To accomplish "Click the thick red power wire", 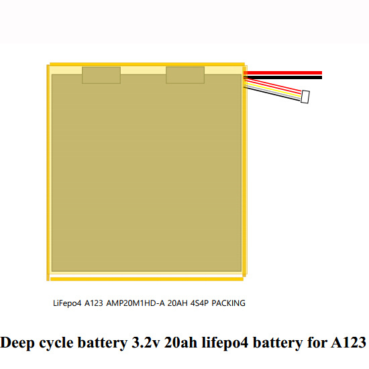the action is point(282,72).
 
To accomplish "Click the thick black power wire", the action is point(282,77).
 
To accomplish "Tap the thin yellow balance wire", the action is point(273,89).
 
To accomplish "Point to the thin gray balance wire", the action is point(272,91).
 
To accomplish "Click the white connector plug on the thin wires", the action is point(305,97).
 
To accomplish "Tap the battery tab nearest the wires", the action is point(185,75).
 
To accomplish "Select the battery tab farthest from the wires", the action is point(101,75).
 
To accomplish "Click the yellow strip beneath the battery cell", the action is point(147,279).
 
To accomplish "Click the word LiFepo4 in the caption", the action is point(67,303).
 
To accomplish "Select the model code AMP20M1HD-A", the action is point(136,303).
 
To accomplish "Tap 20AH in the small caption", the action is point(177,303).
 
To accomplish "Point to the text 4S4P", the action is point(199,303).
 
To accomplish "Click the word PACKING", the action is point(228,303).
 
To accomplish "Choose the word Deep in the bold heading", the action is point(17,343).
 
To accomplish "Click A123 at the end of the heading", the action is point(348,342).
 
